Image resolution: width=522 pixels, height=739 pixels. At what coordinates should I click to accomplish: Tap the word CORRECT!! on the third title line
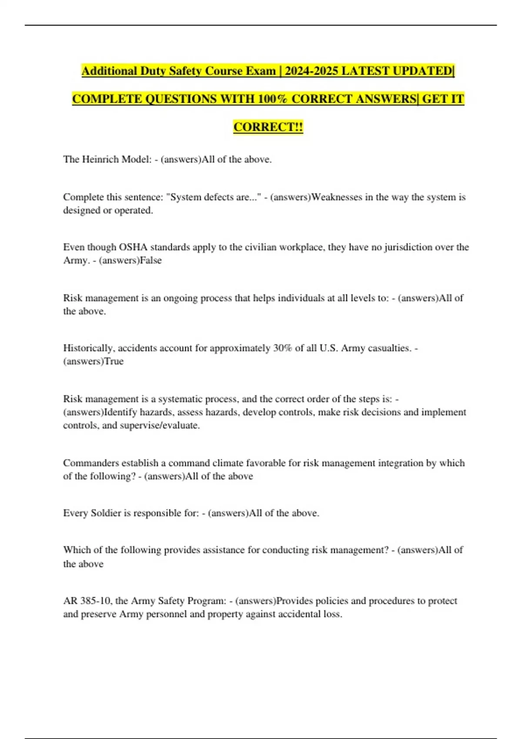(x=268, y=127)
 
